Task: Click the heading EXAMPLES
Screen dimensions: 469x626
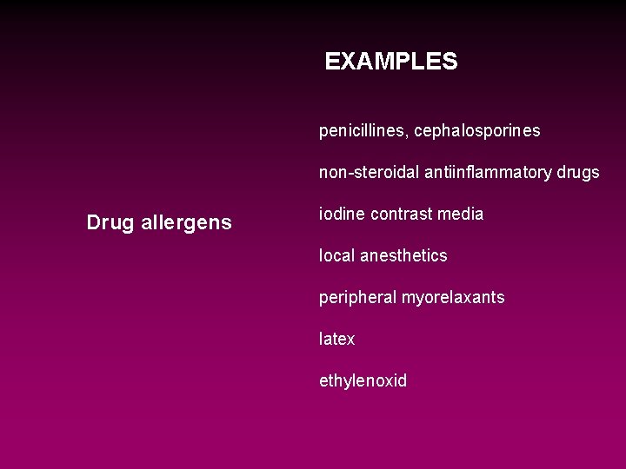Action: click(390, 62)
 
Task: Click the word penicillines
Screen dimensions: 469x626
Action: click(363, 131)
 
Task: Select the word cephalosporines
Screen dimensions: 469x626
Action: click(477, 131)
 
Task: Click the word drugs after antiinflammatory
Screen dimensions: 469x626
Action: click(577, 173)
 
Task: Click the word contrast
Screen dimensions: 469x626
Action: click(402, 215)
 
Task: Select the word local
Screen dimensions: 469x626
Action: click(336, 256)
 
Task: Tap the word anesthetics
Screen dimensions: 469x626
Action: click(403, 256)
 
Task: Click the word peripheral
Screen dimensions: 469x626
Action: click(357, 298)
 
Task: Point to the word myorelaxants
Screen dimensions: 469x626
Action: click(453, 298)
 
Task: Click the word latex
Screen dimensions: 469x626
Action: click(337, 340)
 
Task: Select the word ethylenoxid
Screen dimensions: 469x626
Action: click(363, 381)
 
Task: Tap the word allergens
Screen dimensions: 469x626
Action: click(186, 223)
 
